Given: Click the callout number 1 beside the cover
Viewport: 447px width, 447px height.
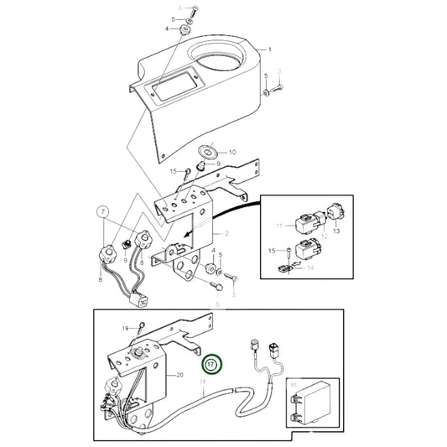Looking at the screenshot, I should click(x=269, y=50).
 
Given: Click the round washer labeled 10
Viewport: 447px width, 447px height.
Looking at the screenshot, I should click(x=206, y=153).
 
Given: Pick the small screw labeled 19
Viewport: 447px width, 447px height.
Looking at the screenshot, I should click(x=144, y=328).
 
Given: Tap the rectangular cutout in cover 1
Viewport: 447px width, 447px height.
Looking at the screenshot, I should click(x=171, y=86).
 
